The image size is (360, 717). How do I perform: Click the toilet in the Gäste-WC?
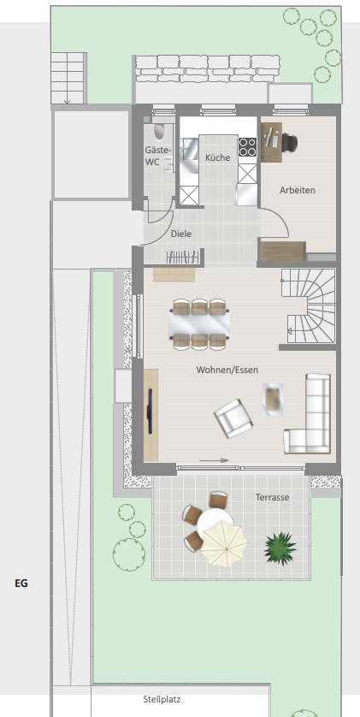[159, 131]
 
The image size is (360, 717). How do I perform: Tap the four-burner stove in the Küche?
[247, 147]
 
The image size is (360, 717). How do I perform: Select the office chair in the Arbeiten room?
[289, 142]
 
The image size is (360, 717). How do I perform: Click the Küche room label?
[218, 157]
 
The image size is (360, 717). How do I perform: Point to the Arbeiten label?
[298, 190]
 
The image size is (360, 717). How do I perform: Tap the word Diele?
[181, 234]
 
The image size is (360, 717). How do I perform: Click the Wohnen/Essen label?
[227, 370]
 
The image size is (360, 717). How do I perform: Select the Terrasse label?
[272, 497]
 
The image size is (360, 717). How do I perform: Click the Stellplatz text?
[162, 699]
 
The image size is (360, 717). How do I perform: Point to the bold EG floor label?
[21, 583]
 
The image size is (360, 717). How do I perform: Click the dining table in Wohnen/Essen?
[199, 323]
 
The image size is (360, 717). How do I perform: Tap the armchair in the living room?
[233, 418]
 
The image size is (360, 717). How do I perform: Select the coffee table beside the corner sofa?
[273, 400]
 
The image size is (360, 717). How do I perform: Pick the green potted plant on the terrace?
[280, 548]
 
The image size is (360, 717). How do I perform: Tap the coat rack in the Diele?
[184, 258]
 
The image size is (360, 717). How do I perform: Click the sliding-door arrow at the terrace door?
[214, 460]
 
